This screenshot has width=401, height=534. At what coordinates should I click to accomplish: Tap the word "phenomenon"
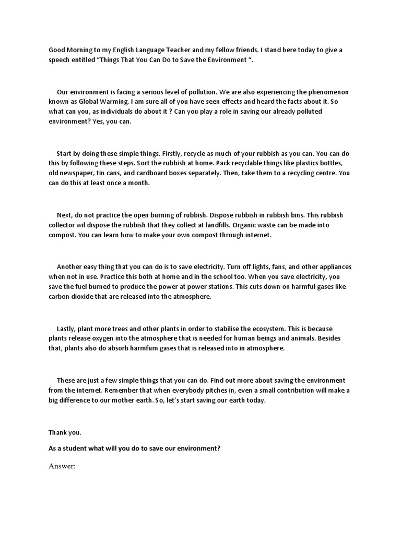(x=324, y=91)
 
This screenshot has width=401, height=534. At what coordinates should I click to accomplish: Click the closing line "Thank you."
(x=65, y=432)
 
